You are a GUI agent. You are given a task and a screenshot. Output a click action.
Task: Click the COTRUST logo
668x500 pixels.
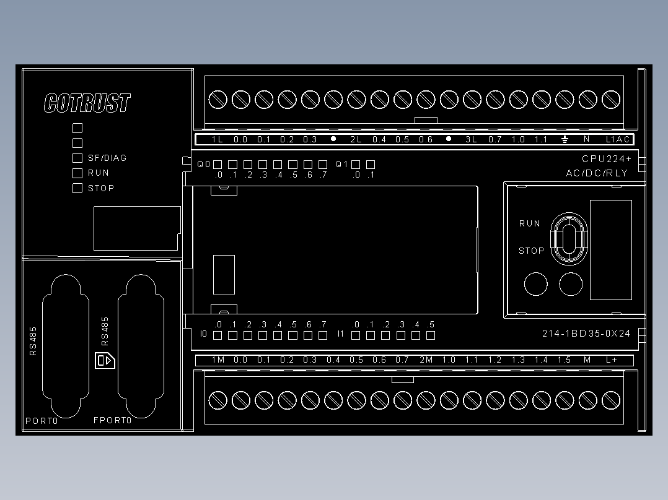(x=87, y=103)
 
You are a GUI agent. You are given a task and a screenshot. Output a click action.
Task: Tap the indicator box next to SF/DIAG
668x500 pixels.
(x=77, y=158)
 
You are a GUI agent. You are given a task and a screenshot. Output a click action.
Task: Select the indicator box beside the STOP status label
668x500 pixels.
(x=77, y=188)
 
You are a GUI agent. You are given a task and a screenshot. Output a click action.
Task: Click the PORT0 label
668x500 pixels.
(x=42, y=421)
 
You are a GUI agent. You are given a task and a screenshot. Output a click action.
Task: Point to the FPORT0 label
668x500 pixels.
(x=113, y=420)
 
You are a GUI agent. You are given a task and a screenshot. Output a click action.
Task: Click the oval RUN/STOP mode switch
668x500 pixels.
(x=569, y=239)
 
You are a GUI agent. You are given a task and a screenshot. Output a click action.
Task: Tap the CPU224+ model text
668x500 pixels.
(x=607, y=159)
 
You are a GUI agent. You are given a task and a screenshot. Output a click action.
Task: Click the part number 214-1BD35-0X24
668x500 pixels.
(x=586, y=334)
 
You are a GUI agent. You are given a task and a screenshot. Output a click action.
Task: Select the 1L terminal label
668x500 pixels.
(x=218, y=140)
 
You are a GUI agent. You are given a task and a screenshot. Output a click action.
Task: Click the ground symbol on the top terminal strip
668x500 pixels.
(x=565, y=139)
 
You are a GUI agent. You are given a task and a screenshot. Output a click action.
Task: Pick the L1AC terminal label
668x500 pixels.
(x=618, y=140)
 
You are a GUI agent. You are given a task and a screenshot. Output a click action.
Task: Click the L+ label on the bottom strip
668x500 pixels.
(x=612, y=360)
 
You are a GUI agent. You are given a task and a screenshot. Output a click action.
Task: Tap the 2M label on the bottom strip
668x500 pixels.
(x=426, y=360)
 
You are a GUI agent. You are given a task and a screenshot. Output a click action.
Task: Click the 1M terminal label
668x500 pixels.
(x=218, y=360)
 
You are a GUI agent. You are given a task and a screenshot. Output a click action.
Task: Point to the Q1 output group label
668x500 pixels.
(x=341, y=164)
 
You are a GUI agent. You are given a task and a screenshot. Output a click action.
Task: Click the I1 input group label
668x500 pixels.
(x=340, y=334)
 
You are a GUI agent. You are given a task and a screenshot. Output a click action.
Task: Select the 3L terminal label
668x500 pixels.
(x=471, y=140)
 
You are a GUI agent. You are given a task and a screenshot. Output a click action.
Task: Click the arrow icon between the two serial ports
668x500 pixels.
(x=105, y=360)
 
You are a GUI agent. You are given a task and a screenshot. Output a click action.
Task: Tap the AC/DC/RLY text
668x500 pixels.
(x=597, y=173)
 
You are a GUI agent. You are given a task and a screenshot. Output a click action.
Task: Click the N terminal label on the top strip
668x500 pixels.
(x=587, y=139)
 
